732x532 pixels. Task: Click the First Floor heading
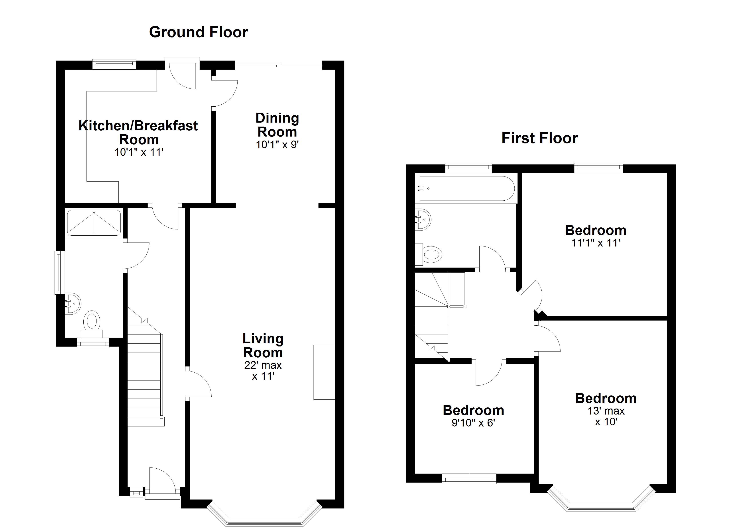point(539,138)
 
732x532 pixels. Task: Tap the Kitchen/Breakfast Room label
point(138,133)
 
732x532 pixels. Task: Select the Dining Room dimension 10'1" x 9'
point(277,145)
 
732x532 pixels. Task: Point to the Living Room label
point(263,346)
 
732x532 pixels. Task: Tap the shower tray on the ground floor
point(94,222)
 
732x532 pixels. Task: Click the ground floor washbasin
point(73,303)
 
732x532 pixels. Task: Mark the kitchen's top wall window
point(114,64)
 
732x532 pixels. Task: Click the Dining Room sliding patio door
point(279,65)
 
